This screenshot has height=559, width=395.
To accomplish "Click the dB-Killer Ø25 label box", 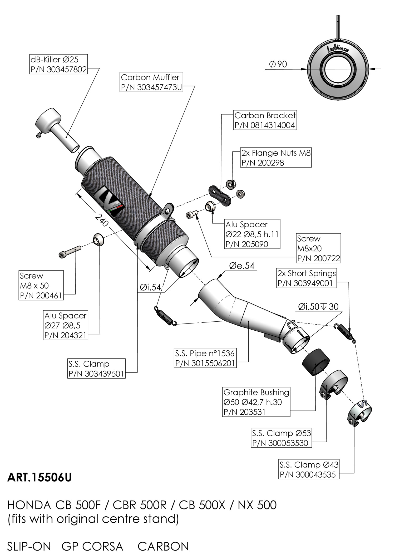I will click(x=58, y=64).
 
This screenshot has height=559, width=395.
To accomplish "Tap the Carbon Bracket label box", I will click(x=265, y=120).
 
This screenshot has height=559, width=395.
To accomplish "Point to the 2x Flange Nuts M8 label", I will click(x=276, y=158).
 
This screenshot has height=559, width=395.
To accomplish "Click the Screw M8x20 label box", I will click(x=318, y=248).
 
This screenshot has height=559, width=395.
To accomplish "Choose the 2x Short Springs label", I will click(x=307, y=278).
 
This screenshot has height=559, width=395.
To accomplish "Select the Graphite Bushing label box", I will click(x=256, y=402).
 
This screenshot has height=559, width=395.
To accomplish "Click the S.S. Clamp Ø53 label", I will click(x=281, y=438).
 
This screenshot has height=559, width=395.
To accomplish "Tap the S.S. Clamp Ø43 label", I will click(x=309, y=469).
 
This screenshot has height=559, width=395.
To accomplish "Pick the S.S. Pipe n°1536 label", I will click(x=205, y=358).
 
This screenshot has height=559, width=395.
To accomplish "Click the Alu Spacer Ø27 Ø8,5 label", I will click(x=65, y=325).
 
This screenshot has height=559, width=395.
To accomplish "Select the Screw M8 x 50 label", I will click(x=41, y=285).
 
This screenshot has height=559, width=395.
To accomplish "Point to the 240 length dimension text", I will click(x=101, y=220).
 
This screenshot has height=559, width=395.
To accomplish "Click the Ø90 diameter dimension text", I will click(x=278, y=64).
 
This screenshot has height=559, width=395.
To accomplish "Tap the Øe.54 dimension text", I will click(x=242, y=266).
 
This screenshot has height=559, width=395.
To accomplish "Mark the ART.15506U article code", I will click(x=39, y=478).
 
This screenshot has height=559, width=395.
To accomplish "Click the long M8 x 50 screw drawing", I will click(x=69, y=251).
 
